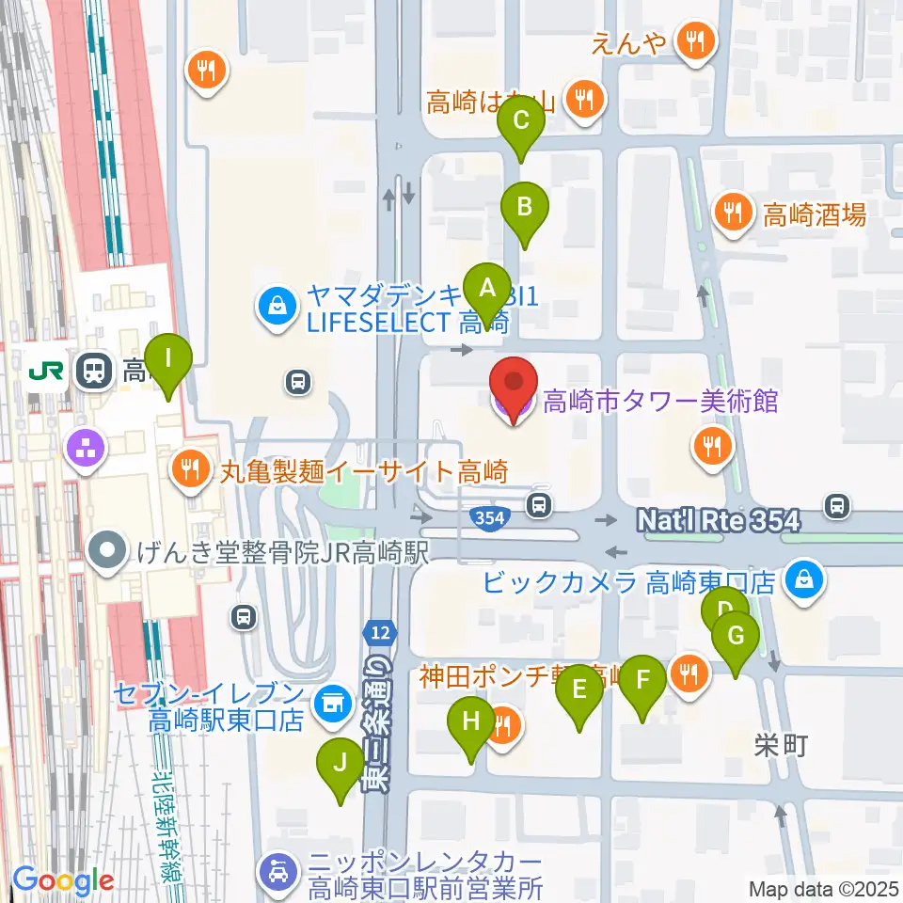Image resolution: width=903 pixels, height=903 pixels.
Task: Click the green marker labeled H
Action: (x=470, y=724)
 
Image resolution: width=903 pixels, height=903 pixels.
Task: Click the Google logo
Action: (x=63, y=880)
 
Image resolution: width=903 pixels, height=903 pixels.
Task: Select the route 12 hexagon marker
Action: (x=378, y=634)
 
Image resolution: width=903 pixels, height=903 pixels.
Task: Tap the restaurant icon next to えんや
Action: (x=696, y=40)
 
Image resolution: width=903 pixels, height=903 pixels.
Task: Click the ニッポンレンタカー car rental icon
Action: (x=279, y=870)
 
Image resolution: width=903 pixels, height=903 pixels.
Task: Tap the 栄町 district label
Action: (x=781, y=746)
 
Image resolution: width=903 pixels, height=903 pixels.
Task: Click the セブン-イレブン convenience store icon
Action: (x=329, y=701)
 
